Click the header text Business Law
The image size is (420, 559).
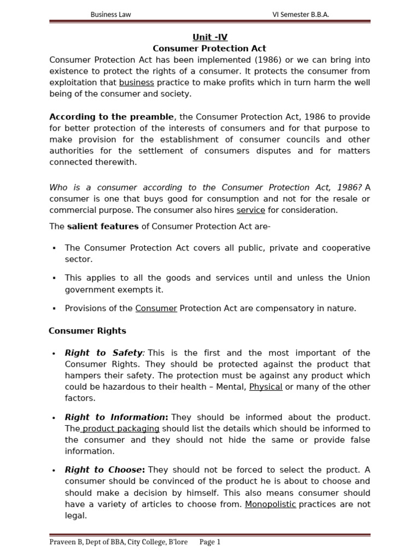click(110, 14)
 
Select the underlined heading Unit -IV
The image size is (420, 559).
click(209, 37)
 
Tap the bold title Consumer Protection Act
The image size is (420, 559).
click(209, 49)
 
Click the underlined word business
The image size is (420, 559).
click(137, 82)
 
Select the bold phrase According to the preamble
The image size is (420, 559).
click(112, 117)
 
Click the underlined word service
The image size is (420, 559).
click(250, 210)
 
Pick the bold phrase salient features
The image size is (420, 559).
click(103, 226)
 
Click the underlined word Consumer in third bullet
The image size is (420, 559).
click(156, 308)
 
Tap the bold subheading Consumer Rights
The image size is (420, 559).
click(87, 330)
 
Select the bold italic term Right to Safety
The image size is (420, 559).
click(104, 353)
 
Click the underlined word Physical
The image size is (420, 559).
click(266, 386)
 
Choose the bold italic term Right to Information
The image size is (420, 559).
click(115, 417)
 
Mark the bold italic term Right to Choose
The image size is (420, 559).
click(104, 469)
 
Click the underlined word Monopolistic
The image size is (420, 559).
click(270, 504)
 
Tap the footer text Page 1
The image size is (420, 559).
click(209, 542)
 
